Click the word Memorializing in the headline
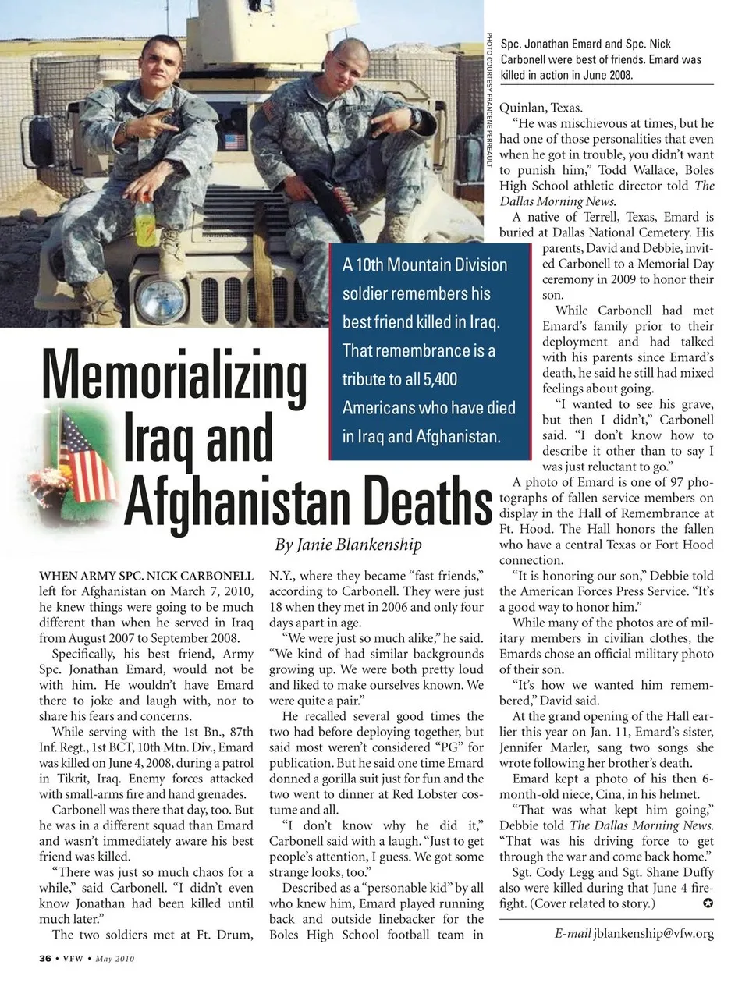click(175, 377)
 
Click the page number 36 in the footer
click(45, 958)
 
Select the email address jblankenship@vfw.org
click(653, 933)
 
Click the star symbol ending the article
click(708, 903)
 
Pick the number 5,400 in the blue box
click(440, 379)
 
